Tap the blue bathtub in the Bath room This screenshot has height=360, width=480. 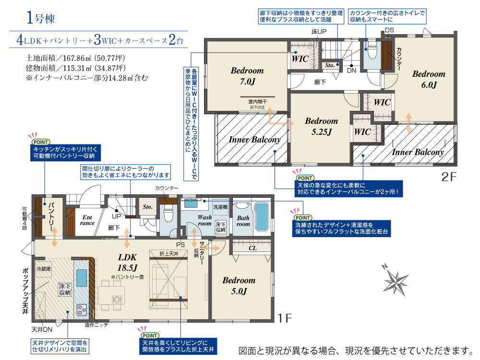click(x=262, y=217)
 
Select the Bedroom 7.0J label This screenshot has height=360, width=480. click(x=247, y=76)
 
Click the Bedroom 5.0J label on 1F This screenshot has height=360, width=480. click(x=239, y=286)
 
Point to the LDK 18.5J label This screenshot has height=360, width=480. click(x=127, y=263)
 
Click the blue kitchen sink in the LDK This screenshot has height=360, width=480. click(x=82, y=277)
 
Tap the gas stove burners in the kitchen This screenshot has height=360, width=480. click(x=82, y=310)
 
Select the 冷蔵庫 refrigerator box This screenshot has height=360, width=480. click(x=44, y=269)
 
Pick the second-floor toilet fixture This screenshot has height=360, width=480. click(x=372, y=50)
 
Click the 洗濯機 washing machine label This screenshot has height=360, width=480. click(x=220, y=207)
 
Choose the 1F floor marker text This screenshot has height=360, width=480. click(x=284, y=318)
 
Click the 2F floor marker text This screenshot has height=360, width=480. click(x=449, y=177)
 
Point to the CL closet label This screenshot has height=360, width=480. click(x=252, y=248)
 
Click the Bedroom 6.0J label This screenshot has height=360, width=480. click(x=429, y=79)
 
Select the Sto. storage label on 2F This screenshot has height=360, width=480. click(x=330, y=65)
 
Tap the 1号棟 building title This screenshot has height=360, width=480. click(x=40, y=17)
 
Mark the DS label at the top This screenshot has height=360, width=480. click(x=389, y=30)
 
